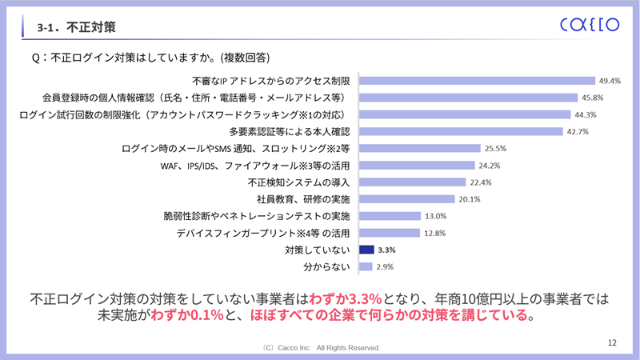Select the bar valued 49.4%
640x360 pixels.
478,81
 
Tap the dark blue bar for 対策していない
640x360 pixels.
367,250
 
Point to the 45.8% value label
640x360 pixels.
593,98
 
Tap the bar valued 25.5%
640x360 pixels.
421,148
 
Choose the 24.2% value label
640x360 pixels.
490,166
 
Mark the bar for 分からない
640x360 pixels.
366,266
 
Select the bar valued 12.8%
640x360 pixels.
390,233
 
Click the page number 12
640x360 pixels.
612,342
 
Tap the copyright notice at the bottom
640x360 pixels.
320,348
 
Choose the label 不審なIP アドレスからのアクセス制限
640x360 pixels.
271,81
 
